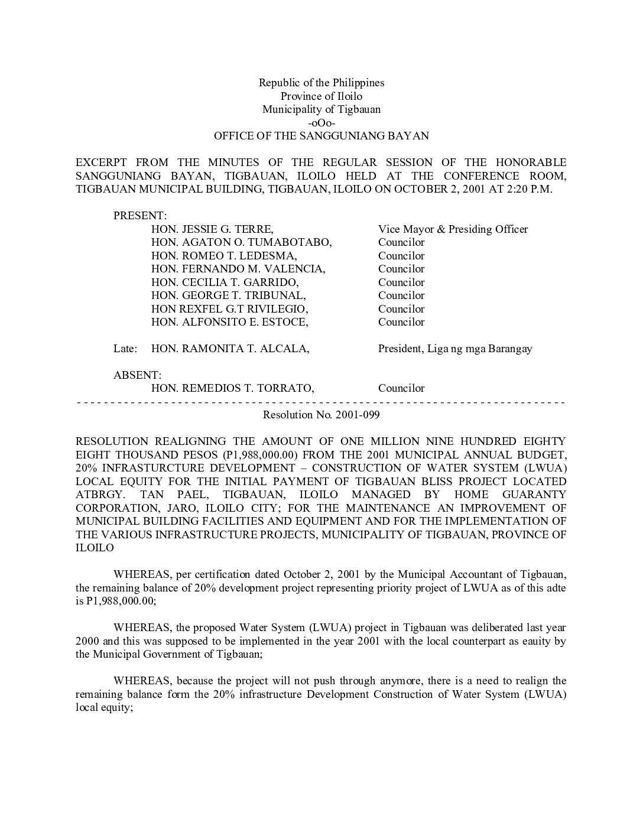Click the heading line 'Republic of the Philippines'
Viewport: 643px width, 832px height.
321,83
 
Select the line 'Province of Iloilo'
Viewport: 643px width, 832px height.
321,96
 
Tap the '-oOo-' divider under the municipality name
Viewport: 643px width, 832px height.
321,123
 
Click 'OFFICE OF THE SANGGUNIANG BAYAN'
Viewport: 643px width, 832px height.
321,136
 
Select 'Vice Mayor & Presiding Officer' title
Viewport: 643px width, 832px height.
453,229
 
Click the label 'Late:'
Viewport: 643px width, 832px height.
125,349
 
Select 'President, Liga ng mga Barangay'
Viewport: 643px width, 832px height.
455,349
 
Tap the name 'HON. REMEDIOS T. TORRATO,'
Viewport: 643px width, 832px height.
232,388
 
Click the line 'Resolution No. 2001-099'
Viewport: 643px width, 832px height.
321,415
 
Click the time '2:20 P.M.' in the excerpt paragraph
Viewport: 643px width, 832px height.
530,189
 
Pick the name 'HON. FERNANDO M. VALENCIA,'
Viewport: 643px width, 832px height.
238,269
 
